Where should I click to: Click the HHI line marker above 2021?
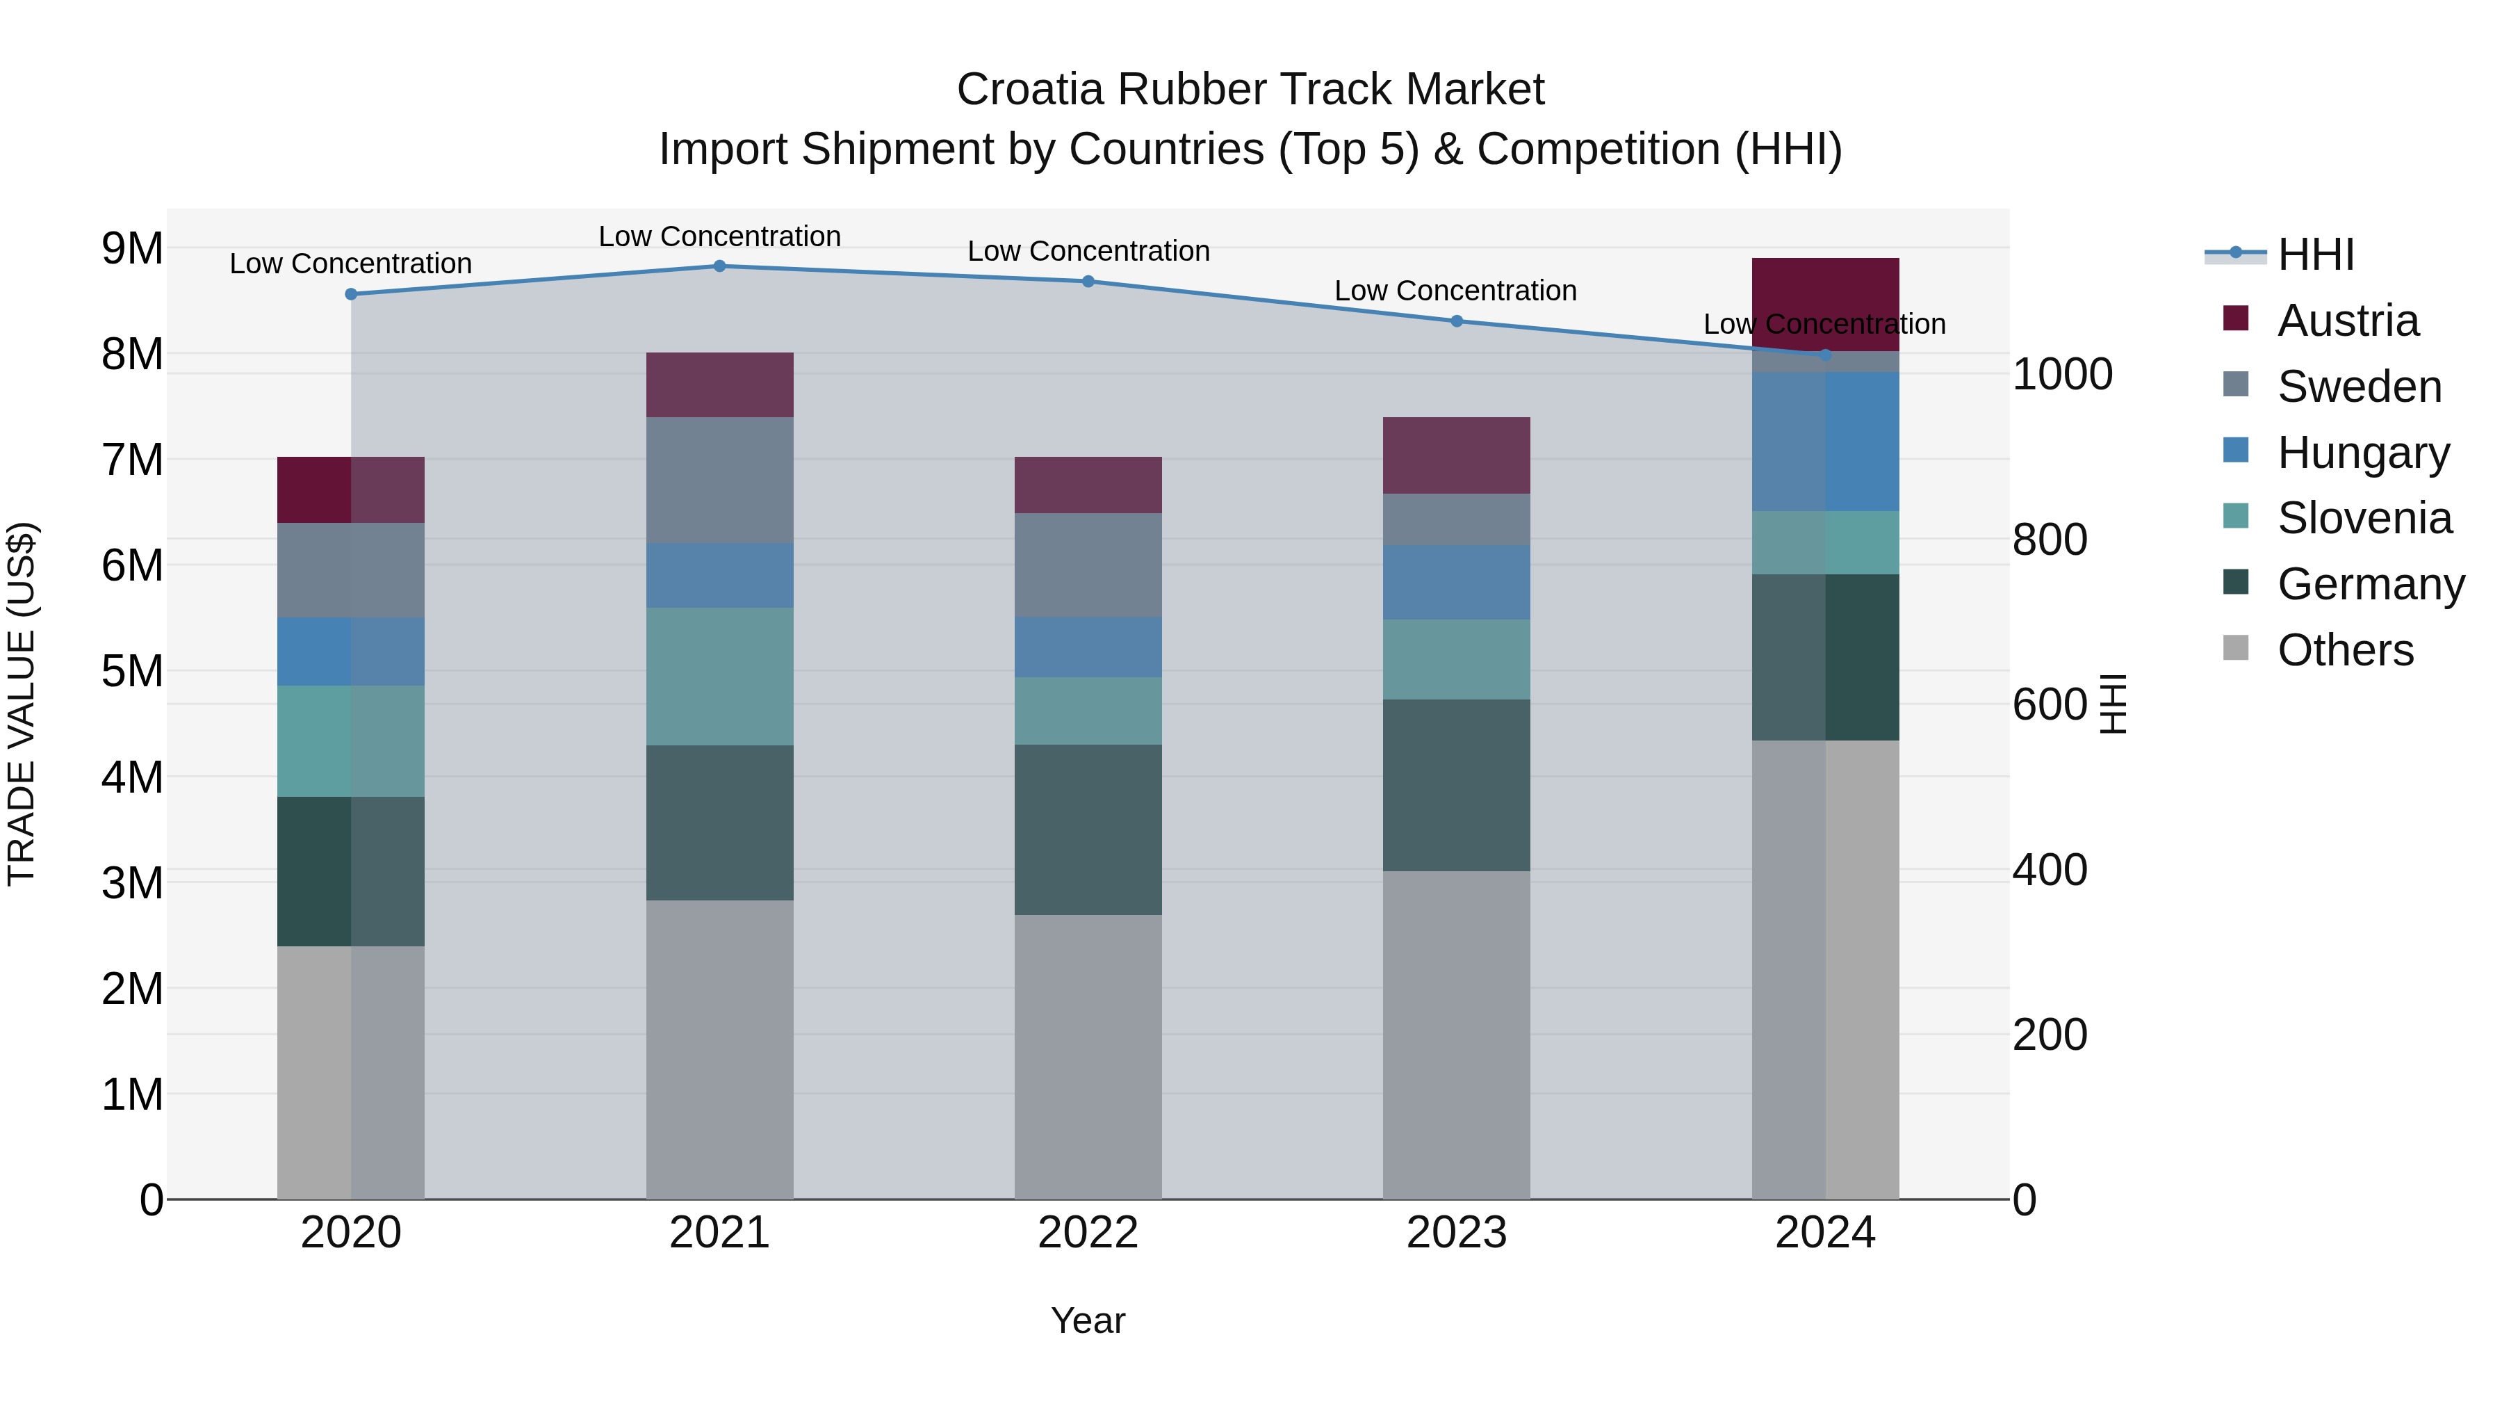[720, 266]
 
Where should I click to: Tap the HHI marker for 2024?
[1825, 355]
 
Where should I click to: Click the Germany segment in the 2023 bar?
[1456, 785]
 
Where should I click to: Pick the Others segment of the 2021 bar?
[720, 1049]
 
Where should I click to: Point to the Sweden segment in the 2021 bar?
[720, 480]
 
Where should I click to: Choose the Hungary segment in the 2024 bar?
[1825, 442]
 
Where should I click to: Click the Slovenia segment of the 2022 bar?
[1088, 711]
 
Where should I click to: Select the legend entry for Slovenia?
[2364, 518]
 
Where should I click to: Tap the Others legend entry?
[2345, 650]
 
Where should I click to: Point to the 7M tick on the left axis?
[132, 460]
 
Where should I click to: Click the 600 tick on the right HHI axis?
[2050, 704]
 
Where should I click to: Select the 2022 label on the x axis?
[1088, 1233]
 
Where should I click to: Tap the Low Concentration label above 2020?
[351, 264]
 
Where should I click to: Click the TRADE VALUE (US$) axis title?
[22, 704]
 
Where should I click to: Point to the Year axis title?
[1088, 1320]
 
